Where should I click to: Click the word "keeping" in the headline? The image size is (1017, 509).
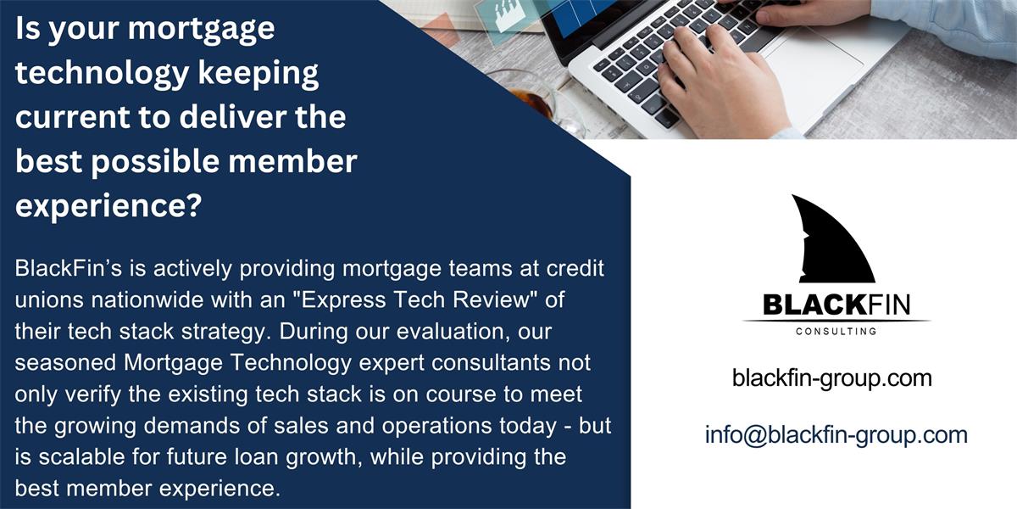coord(258,74)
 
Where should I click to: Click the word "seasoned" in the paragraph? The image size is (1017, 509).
coord(66,363)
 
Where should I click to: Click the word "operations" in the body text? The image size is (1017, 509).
coord(436,426)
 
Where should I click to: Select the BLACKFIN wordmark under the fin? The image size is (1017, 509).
coord(836,305)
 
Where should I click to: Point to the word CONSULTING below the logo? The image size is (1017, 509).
coord(836,332)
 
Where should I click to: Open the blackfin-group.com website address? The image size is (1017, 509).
coord(831,378)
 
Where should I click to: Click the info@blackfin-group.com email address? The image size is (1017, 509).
coord(836,435)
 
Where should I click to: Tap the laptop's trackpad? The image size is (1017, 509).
coord(813,68)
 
